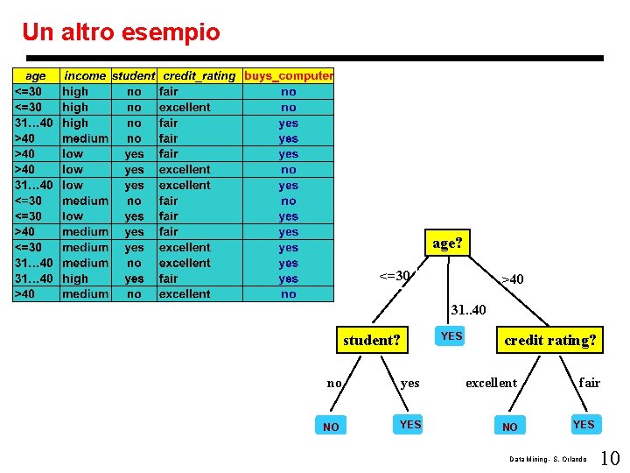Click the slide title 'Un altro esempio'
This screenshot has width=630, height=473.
coord(121,32)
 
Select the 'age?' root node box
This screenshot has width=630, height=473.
coord(446,243)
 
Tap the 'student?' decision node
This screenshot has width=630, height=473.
coord(372,340)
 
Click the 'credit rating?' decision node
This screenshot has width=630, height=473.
coord(550,340)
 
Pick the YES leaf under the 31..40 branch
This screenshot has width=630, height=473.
coord(451,336)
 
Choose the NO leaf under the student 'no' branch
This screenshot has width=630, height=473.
coord(331,427)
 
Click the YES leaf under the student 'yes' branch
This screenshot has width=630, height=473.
coord(410,425)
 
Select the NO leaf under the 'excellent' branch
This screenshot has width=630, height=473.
coord(509,427)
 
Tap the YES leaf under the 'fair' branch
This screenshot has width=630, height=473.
coord(584,425)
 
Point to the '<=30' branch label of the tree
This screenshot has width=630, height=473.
coord(395,277)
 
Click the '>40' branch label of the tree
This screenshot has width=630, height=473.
coord(512,279)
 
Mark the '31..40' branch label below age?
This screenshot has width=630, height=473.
coord(467,310)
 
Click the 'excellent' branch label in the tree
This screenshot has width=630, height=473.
coord(491,383)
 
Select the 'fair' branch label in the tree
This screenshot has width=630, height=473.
coord(590,383)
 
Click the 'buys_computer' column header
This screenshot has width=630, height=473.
coord(288,76)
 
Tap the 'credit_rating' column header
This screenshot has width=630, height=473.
coord(199,76)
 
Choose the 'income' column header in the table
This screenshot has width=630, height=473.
coord(85,76)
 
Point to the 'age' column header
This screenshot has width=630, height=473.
coord(36,76)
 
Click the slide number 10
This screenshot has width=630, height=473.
coord(610,457)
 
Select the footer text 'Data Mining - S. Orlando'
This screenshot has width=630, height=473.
coord(549,459)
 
